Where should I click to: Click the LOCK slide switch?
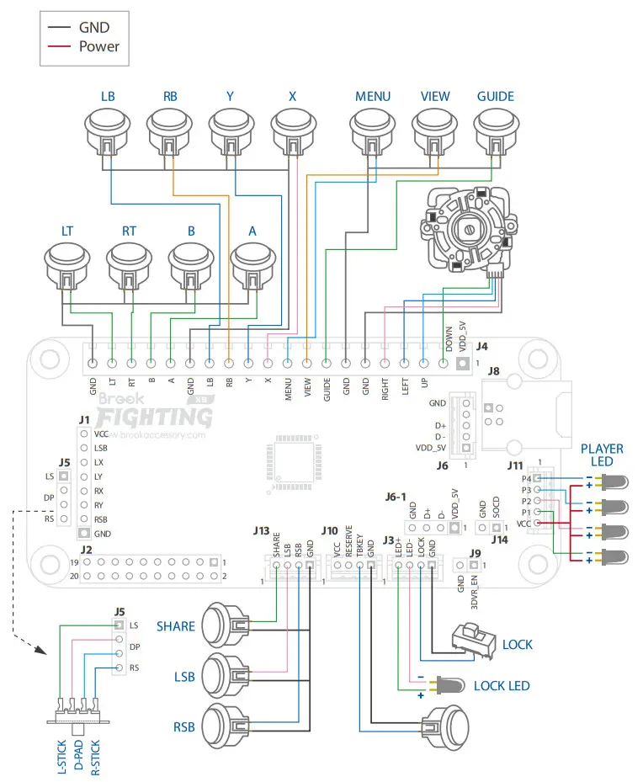point(473,639)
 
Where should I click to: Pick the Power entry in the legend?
point(99,46)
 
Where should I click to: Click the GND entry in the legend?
point(94,27)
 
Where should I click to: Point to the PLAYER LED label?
point(602,455)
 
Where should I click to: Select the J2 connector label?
point(86,549)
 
